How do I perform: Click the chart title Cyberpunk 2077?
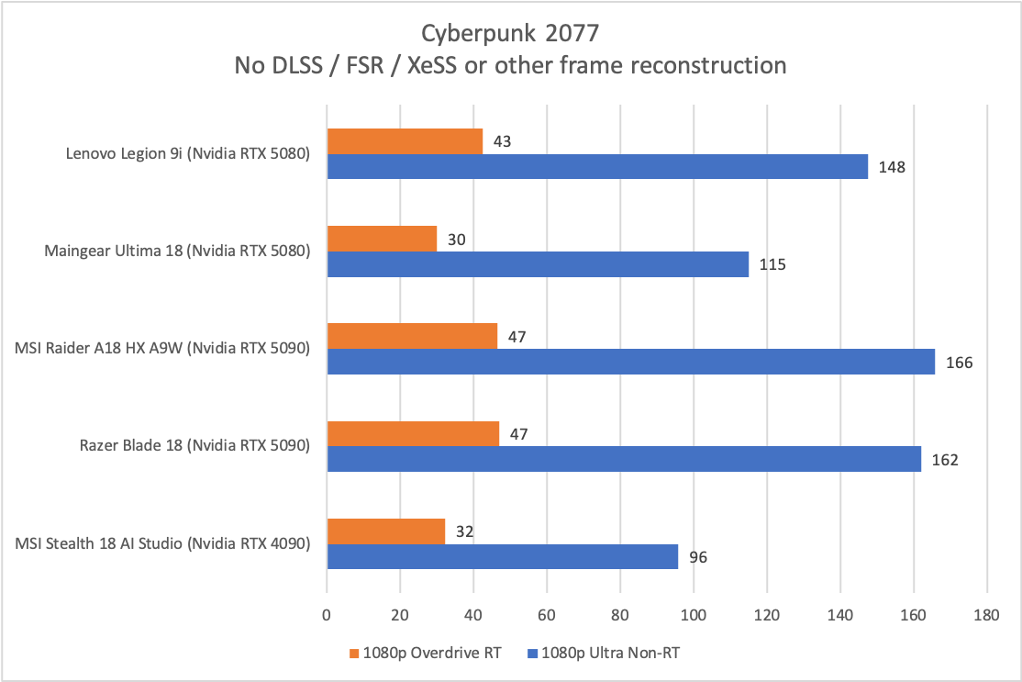point(510,34)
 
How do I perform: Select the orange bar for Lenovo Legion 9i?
point(405,141)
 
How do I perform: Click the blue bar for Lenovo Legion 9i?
point(597,166)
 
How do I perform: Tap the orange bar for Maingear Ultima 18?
point(382,239)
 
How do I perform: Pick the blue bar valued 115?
point(538,263)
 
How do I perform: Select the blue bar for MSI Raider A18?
point(630,361)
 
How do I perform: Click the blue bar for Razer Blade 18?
point(624,458)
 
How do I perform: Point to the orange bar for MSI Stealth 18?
point(385,531)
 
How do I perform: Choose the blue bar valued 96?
point(502,555)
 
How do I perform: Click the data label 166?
point(959,362)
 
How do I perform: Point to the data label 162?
point(944,459)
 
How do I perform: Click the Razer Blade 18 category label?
point(194,446)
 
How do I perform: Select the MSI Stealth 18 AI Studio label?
point(162,543)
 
